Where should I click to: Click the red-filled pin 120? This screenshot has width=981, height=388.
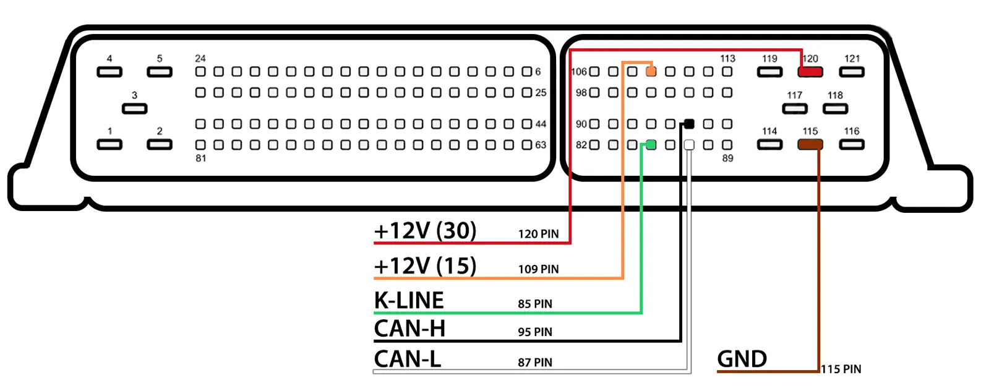click(x=810, y=72)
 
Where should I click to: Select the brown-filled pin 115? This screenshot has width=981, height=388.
click(x=810, y=145)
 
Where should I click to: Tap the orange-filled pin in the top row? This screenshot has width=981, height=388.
click(x=651, y=72)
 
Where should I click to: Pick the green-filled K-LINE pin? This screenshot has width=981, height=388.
click(x=651, y=145)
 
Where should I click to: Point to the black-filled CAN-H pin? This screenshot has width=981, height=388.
click(x=689, y=124)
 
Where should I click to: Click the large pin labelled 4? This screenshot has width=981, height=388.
click(x=109, y=72)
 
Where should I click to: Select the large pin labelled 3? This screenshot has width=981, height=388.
click(x=134, y=109)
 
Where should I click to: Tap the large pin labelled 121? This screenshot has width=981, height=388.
click(x=852, y=72)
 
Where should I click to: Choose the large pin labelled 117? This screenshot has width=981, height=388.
click(x=795, y=109)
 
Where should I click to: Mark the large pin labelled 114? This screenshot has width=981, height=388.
click(x=769, y=145)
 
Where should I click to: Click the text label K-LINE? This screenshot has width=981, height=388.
click(x=409, y=301)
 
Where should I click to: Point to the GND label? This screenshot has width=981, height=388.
click(x=742, y=359)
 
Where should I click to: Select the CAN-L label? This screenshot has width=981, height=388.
click(x=408, y=359)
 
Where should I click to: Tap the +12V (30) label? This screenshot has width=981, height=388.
click(x=425, y=231)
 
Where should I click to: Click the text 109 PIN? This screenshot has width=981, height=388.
click(x=538, y=269)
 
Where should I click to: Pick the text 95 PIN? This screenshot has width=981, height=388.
click(x=535, y=332)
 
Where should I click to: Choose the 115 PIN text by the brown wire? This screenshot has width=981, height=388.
click(x=841, y=369)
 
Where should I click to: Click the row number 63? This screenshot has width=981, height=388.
click(x=541, y=145)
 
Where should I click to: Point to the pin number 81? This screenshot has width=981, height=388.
click(x=201, y=158)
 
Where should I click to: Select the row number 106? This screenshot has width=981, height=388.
click(x=579, y=72)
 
